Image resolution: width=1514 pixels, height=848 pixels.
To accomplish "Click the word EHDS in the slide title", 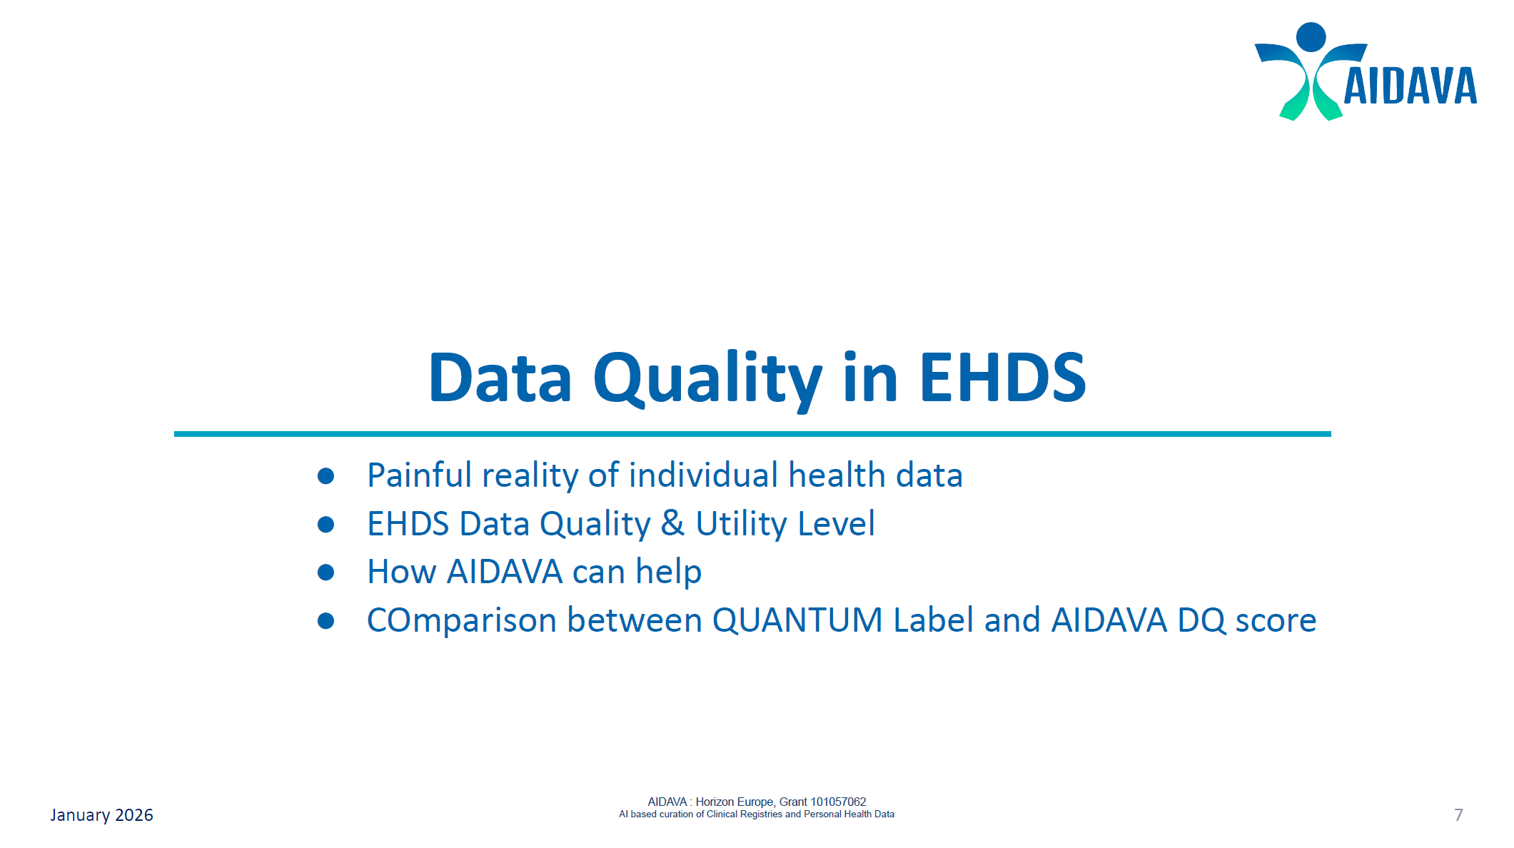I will pyautogui.click(x=1002, y=378).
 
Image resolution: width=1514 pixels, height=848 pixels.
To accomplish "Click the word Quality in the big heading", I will pyautogui.click(x=707, y=378).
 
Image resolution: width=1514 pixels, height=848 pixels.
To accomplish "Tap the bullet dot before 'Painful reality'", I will pyautogui.click(x=326, y=476).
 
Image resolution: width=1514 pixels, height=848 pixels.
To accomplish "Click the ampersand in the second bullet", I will pyautogui.click(x=672, y=523).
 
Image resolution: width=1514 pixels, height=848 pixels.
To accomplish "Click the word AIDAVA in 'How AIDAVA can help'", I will pyautogui.click(x=505, y=572).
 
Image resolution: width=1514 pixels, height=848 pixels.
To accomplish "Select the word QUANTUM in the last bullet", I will pyautogui.click(x=797, y=620).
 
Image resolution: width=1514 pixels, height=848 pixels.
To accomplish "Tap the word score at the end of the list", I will pyautogui.click(x=1276, y=620).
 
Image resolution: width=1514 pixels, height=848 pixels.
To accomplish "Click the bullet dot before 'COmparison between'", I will pyautogui.click(x=326, y=621).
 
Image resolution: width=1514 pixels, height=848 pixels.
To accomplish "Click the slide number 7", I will pyautogui.click(x=1458, y=815).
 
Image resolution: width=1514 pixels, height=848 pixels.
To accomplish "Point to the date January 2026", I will pyautogui.click(x=101, y=815).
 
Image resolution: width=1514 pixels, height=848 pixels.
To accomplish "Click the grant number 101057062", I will pyautogui.click(x=837, y=802).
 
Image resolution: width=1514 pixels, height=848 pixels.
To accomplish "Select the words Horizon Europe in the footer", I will pyautogui.click(x=735, y=802).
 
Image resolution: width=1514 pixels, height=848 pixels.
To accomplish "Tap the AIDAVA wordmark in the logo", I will pyautogui.click(x=1410, y=86).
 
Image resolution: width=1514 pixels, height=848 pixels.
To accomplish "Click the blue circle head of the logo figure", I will pyautogui.click(x=1311, y=36).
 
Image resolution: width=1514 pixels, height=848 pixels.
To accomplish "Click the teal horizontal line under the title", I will pyautogui.click(x=752, y=434).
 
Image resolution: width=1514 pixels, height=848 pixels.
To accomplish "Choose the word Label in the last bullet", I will pyautogui.click(x=933, y=620).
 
